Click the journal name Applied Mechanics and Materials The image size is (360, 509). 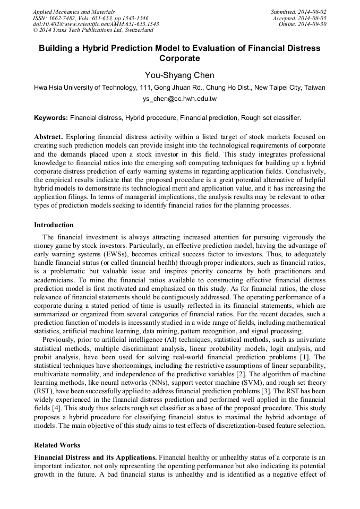click(73, 11)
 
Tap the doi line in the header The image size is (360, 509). click(96, 24)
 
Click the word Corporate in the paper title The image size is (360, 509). click(179, 58)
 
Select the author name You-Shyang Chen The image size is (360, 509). click(179, 75)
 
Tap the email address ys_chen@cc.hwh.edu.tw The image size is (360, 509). click(179, 99)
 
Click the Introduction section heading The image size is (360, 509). click(54, 225)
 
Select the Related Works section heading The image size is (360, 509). click(57, 445)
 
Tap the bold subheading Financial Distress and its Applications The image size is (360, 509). click(95, 456)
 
